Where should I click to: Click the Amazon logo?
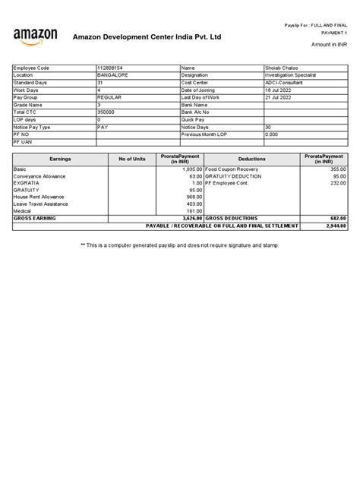coord(36,36)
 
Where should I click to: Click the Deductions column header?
coord(252,159)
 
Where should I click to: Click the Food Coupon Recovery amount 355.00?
coord(337,169)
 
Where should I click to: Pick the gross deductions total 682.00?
coord(337,218)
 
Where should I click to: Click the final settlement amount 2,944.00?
coord(336,226)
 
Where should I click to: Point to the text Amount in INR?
coord(327,46)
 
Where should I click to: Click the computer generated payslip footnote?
coord(180,246)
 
